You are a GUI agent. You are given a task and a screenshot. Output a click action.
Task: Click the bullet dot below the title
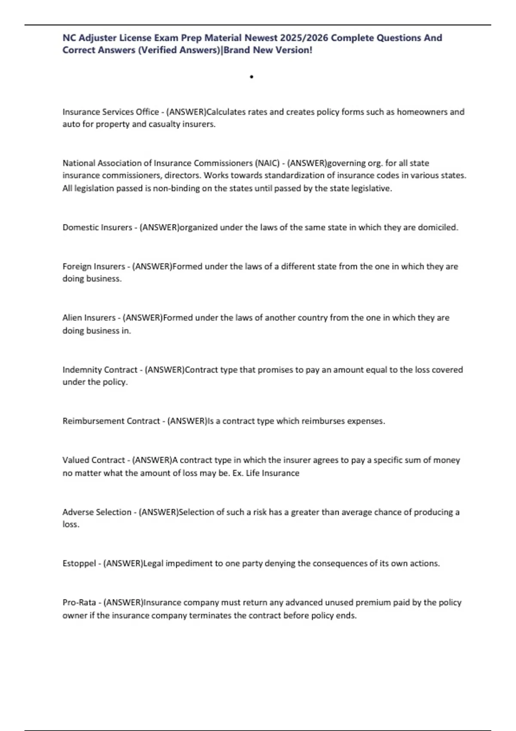[x=251, y=77]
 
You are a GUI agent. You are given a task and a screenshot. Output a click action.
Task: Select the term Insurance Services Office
[x=111, y=112]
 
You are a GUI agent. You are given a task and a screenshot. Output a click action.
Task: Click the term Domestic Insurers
[x=97, y=227]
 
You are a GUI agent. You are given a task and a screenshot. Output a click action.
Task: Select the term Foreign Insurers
[x=94, y=267]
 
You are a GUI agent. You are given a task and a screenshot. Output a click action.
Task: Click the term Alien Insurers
[x=89, y=318]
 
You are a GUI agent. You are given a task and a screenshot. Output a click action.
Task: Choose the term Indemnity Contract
[x=100, y=370]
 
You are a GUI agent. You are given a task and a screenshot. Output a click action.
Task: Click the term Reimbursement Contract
[x=111, y=421]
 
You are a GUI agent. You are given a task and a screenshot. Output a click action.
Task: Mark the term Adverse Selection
[x=97, y=512]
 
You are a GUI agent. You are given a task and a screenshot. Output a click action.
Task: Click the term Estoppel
[x=79, y=563]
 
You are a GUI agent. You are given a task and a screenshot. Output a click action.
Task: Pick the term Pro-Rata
[x=79, y=602]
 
